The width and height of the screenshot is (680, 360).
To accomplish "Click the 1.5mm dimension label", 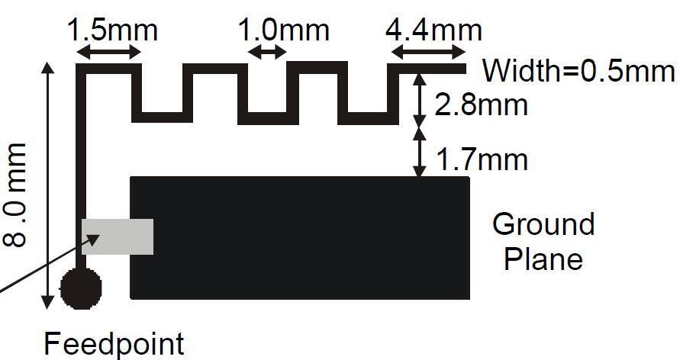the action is click(112, 31).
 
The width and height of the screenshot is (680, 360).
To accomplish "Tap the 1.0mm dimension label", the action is click(284, 31).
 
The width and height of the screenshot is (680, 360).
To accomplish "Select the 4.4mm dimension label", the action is click(433, 31).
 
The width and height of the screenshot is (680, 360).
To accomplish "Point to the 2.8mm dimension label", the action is click(481, 104).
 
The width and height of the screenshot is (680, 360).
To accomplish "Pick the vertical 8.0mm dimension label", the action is click(16, 194).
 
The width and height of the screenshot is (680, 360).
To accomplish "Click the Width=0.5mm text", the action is click(578, 71).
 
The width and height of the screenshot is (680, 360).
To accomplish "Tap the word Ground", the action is click(543, 224).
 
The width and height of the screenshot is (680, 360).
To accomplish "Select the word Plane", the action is click(543, 259).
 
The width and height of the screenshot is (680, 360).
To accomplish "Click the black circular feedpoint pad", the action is click(81, 288).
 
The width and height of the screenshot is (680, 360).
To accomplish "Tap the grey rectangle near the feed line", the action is click(118, 236).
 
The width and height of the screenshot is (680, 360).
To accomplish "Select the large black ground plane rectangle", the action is click(300, 238).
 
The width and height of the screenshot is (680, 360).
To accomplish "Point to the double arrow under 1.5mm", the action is click(109, 53).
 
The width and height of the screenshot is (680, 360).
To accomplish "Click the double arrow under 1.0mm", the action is click(267, 53).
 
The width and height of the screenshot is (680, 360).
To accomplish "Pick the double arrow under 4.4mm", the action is click(428, 53).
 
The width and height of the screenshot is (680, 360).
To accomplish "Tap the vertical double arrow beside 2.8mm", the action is click(419, 99).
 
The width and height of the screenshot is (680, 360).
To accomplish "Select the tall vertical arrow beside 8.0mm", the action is click(47, 185).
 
